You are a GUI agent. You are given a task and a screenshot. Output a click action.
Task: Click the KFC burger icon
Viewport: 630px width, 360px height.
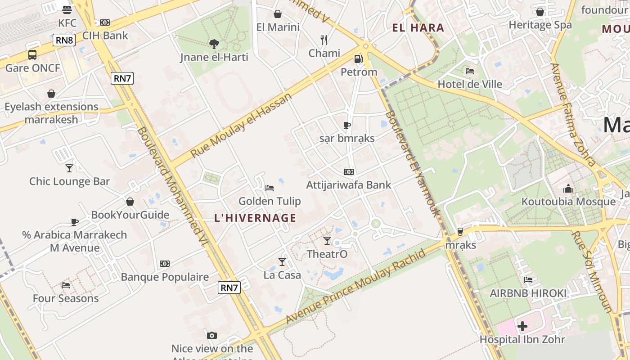click(x=67, y=10)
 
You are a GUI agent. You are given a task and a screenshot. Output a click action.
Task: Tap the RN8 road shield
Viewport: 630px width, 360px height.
click(x=64, y=40)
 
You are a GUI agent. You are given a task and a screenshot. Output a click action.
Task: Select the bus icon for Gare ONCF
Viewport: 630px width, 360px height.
click(x=32, y=55)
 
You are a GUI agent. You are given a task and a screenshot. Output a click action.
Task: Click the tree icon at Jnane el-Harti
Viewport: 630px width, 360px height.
click(x=214, y=44)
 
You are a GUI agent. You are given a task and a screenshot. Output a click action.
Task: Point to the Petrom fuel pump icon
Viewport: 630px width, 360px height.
click(x=358, y=59)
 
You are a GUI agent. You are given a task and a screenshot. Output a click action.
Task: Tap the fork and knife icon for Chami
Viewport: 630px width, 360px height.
click(x=324, y=40)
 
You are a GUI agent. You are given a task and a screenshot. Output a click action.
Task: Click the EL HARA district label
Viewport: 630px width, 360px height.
click(x=418, y=28)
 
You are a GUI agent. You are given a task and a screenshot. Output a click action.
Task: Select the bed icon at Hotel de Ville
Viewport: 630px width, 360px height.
click(x=470, y=71)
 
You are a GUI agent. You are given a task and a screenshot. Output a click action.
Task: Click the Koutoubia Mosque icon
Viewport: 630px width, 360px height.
click(x=568, y=189)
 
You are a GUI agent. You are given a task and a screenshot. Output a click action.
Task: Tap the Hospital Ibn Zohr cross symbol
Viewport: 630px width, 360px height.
click(x=522, y=326)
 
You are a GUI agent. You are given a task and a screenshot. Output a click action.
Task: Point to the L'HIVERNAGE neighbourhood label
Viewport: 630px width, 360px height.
click(x=255, y=218)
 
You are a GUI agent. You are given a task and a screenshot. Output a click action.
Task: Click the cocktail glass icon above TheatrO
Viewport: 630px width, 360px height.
click(x=327, y=241)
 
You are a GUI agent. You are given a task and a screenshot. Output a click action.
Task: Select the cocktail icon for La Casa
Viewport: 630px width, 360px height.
click(x=282, y=262)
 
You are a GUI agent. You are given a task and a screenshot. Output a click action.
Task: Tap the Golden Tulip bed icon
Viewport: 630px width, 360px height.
click(x=270, y=188)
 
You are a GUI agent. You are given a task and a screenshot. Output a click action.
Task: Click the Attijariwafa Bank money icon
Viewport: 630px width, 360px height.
click(x=348, y=172)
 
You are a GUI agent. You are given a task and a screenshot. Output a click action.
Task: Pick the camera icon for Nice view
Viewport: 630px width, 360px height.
click(x=212, y=335)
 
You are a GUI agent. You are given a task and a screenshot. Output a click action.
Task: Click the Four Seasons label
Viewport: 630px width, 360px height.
click(x=66, y=298)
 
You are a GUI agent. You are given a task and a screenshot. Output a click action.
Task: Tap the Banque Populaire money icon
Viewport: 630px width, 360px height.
click(x=165, y=264)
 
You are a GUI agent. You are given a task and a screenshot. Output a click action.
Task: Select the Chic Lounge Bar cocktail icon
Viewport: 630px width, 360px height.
click(x=69, y=168)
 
